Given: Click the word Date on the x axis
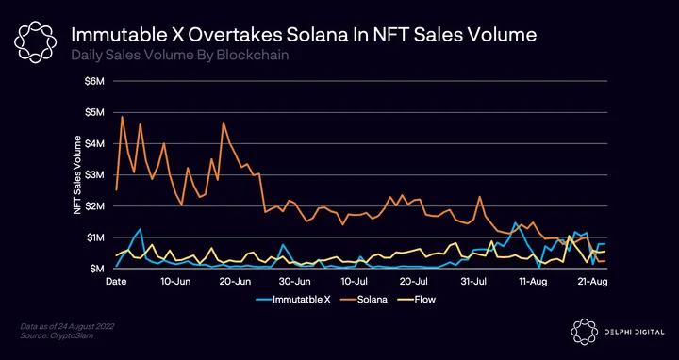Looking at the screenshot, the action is (x=116, y=282).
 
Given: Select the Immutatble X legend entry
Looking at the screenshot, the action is (x=293, y=300).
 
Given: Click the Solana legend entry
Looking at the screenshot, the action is (x=361, y=300).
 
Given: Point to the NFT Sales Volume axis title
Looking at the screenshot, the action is (x=77, y=174).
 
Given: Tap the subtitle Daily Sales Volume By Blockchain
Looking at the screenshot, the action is (x=180, y=56).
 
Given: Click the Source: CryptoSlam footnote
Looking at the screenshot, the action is (x=57, y=335).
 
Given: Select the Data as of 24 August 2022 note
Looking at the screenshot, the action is (x=67, y=325).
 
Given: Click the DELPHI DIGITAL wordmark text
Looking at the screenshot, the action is (x=634, y=332).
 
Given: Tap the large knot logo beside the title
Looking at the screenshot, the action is (x=35, y=42).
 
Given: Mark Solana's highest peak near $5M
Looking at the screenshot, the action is (x=122, y=117).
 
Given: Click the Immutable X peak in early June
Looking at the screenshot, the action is (x=141, y=229).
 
